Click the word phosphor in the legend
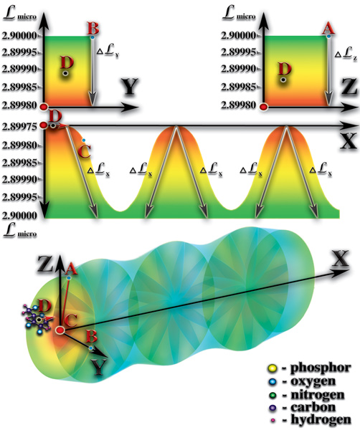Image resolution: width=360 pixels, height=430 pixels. pos(321,368)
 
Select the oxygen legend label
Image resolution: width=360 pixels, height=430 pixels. pos(313,381)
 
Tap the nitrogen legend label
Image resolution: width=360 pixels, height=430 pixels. pos(318,395)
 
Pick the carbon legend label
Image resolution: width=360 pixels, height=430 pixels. pos(313,407)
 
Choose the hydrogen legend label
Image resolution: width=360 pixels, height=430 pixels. pos(321,420)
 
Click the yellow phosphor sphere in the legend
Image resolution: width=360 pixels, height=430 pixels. pos(272,368)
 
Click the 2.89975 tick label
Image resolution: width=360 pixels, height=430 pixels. pos(19,127)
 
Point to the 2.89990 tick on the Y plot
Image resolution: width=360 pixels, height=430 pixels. pos(19,69)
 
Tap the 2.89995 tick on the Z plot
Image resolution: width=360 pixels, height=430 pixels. pos(238,52)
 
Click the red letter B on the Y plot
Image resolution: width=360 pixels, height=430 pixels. pos(93,28)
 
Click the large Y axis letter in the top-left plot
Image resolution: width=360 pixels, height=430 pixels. pos(129,87)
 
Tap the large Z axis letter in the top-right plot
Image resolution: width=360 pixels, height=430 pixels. pos(349,86)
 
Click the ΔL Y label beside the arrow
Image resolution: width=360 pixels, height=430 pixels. pos(108,52)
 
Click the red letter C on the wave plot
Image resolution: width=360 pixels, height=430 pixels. pos(84,151)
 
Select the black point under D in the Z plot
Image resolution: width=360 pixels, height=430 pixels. pos(283,80)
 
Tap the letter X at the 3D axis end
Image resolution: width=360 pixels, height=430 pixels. pos(340,259)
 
